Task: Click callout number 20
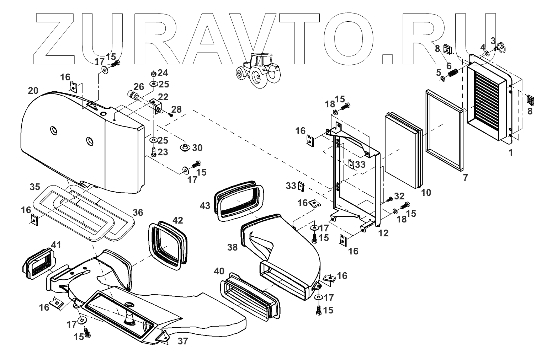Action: pyautogui.click(x=33, y=91)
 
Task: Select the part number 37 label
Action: pyautogui.click(x=182, y=342)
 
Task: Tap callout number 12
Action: pyautogui.click(x=383, y=233)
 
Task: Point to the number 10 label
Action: pyautogui.click(x=426, y=193)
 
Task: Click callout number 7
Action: pyautogui.click(x=466, y=178)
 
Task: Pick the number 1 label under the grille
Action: pyautogui.click(x=511, y=153)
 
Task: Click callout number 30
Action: pyautogui.click(x=197, y=147)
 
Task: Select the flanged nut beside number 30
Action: pyautogui.click(x=185, y=146)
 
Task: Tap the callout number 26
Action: pyautogui.click(x=139, y=86)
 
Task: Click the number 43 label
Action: pyautogui.click(x=205, y=206)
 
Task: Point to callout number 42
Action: pyautogui.click(x=178, y=220)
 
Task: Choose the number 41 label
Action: pyautogui.click(x=56, y=245)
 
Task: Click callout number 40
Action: pyautogui.click(x=219, y=272)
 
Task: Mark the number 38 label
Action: pyautogui.click(x=232, y=247)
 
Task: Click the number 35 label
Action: pyautogui.click(x=35, y=187)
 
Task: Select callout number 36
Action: pyautogui.click(x=138, y=212)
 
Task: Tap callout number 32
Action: pyautogui.click(x=399, y=196)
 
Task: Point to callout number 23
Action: pyautogui.click(x=163, y=152)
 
